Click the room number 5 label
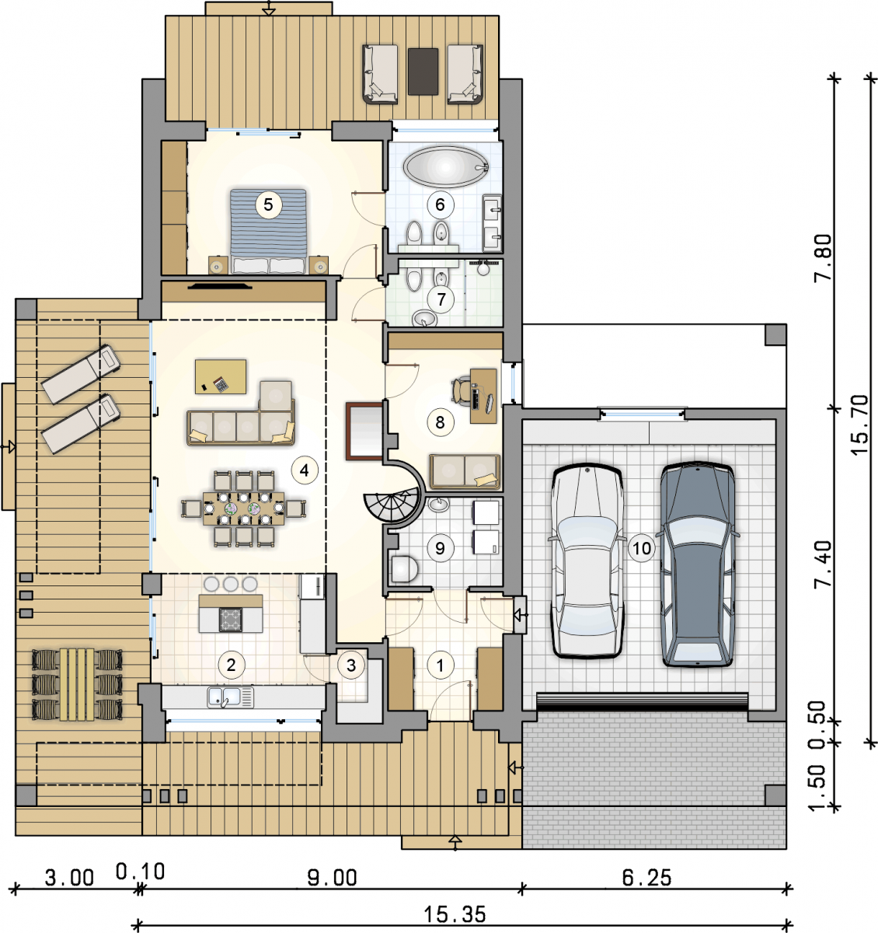[x=268, y=204]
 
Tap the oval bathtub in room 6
[x=445, y=167]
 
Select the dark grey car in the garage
[x=697, y=565]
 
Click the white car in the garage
[x=588, y=561]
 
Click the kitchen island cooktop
[x=231, y=620]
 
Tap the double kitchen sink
[x=231, y=697]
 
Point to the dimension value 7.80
[x=823, y=257]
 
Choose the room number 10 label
[x=642, y=548]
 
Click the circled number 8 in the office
[x=440, y=422]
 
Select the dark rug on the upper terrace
[x=423, y=72]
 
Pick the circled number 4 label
[x=305, y=470]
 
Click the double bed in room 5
[x=268, y=231]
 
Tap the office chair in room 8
[x=461, y=391]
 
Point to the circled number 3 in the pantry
[x=351, y=665]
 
